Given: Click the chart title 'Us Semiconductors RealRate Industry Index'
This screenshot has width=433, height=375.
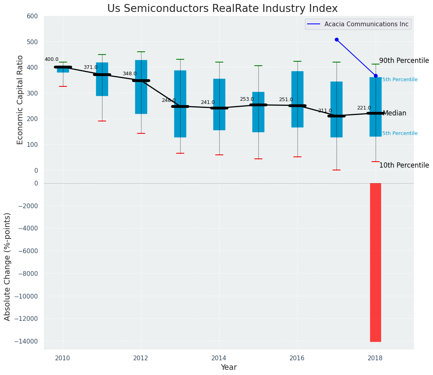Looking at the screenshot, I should click(222, 9).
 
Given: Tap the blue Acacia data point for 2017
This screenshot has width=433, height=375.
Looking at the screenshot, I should click(337, 40).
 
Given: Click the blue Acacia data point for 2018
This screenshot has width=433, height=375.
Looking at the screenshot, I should click(376, 76).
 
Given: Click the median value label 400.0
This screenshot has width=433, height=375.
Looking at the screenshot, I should click(51, 59).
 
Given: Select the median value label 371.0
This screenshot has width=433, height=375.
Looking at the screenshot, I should click(91, 67).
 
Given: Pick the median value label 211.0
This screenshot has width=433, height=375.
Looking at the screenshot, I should click(325, 111).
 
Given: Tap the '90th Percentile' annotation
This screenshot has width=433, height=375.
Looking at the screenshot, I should click(404, 61).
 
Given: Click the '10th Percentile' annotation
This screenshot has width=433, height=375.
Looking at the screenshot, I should click(404, 165).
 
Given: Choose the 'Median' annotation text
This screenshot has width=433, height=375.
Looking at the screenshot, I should click(394, 113).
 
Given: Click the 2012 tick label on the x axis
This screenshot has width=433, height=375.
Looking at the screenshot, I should click(141, 358).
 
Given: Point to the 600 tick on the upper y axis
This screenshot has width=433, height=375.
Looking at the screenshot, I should click(32, 16).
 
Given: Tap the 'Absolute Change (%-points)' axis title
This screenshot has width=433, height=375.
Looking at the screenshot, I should click(8, 266).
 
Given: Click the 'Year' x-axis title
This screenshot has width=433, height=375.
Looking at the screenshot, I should click(228, 367).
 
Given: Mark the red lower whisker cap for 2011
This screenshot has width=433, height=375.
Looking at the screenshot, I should click(102, 121).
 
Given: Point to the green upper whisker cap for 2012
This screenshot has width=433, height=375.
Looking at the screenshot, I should click(141, 52).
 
